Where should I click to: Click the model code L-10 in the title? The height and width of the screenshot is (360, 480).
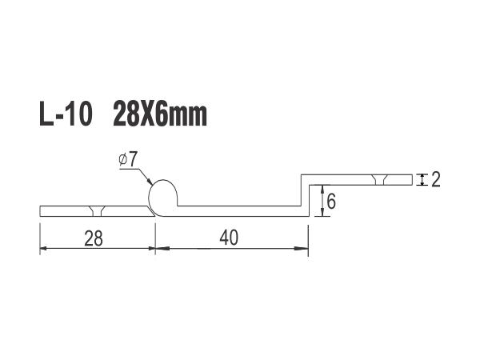click(66, 114)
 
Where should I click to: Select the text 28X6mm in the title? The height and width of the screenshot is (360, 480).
click(160, 114)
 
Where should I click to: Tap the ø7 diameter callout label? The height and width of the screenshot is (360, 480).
click(127, 160)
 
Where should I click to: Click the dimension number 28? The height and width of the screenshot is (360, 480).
click(94, 238)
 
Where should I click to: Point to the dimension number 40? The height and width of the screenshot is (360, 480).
click(229, 238)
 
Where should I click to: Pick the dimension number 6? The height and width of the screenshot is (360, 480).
click(331, 202)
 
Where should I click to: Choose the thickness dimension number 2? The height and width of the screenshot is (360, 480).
click(436, 180)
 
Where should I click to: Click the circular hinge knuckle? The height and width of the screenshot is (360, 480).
click(162, 196)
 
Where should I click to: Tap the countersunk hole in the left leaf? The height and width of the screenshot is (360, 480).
click(97, 211)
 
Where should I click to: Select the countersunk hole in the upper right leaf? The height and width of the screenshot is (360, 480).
click(379, 180)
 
